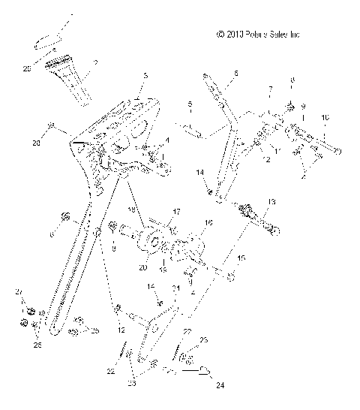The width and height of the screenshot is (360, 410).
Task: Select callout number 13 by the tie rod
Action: pyautogui.click(x=271, y=202)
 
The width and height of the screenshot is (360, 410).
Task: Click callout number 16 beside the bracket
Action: pyautogui.click(x=208, y=223)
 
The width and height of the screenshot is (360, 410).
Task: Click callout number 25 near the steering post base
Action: pyautogui.click(x=94, y=330)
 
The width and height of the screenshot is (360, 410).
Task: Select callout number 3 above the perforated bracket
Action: pyautogui.click(x=145, y=76)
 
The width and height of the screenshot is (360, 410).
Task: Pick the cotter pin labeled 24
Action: pyautogui.click(x=202, y=368)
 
